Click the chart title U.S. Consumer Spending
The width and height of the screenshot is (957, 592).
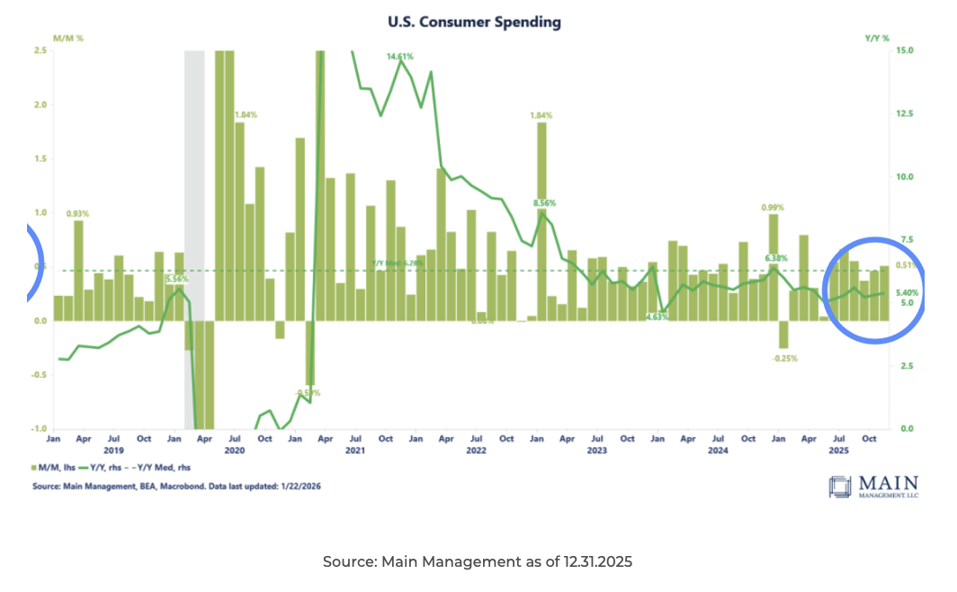pyautogui.click(x=473, y=21)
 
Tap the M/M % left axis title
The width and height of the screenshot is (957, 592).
pyautogui.click(x=69, y=39)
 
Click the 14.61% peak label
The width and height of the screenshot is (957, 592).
pyautogui.click(x=400, y=57)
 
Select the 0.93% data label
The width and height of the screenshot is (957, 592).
pyautogui.click(x=78, y=213)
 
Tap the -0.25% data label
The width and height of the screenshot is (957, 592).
pyautogui.click(x=783, y=358)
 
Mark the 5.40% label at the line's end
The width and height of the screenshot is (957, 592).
pyautogui.click(x=908, y=292)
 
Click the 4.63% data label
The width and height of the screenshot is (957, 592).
pyautogui.click(x=656, y=317)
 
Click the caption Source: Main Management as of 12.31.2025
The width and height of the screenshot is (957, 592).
pyautogui.click(x=478, y=561)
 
